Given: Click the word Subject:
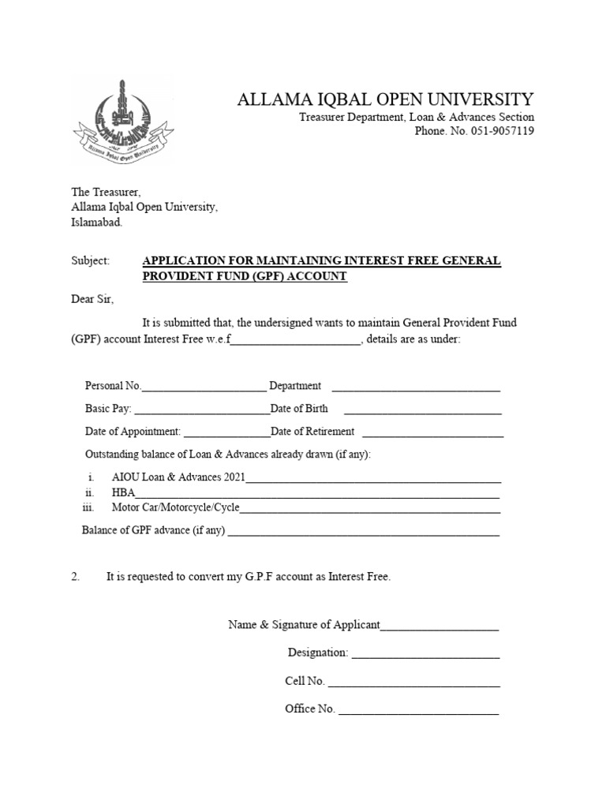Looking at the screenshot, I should [x=90, y=261].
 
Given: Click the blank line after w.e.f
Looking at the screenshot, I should [x=295, y=341].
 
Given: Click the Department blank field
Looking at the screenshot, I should [x=416, y=387].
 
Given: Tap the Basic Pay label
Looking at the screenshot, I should [x=108, y=410].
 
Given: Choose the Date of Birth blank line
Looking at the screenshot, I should [x=422, y=410].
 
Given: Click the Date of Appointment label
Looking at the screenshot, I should [x=133, y=432].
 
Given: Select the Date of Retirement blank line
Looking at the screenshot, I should [x=432, y=433].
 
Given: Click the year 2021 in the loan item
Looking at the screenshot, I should [x=234, y=478].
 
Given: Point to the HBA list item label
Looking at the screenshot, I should [x=124, y=493].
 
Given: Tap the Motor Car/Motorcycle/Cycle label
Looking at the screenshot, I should [x=175, y=507].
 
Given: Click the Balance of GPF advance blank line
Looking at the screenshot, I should [x=363, y=532].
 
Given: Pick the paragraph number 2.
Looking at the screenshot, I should [x=76, y=578].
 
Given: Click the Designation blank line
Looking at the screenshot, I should [x=425, y=654].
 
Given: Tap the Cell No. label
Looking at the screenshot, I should [x=305, y=681].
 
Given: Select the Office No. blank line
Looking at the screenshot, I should [x=418, y=710].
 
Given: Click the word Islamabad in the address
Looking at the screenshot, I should [x=97, y=223].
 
